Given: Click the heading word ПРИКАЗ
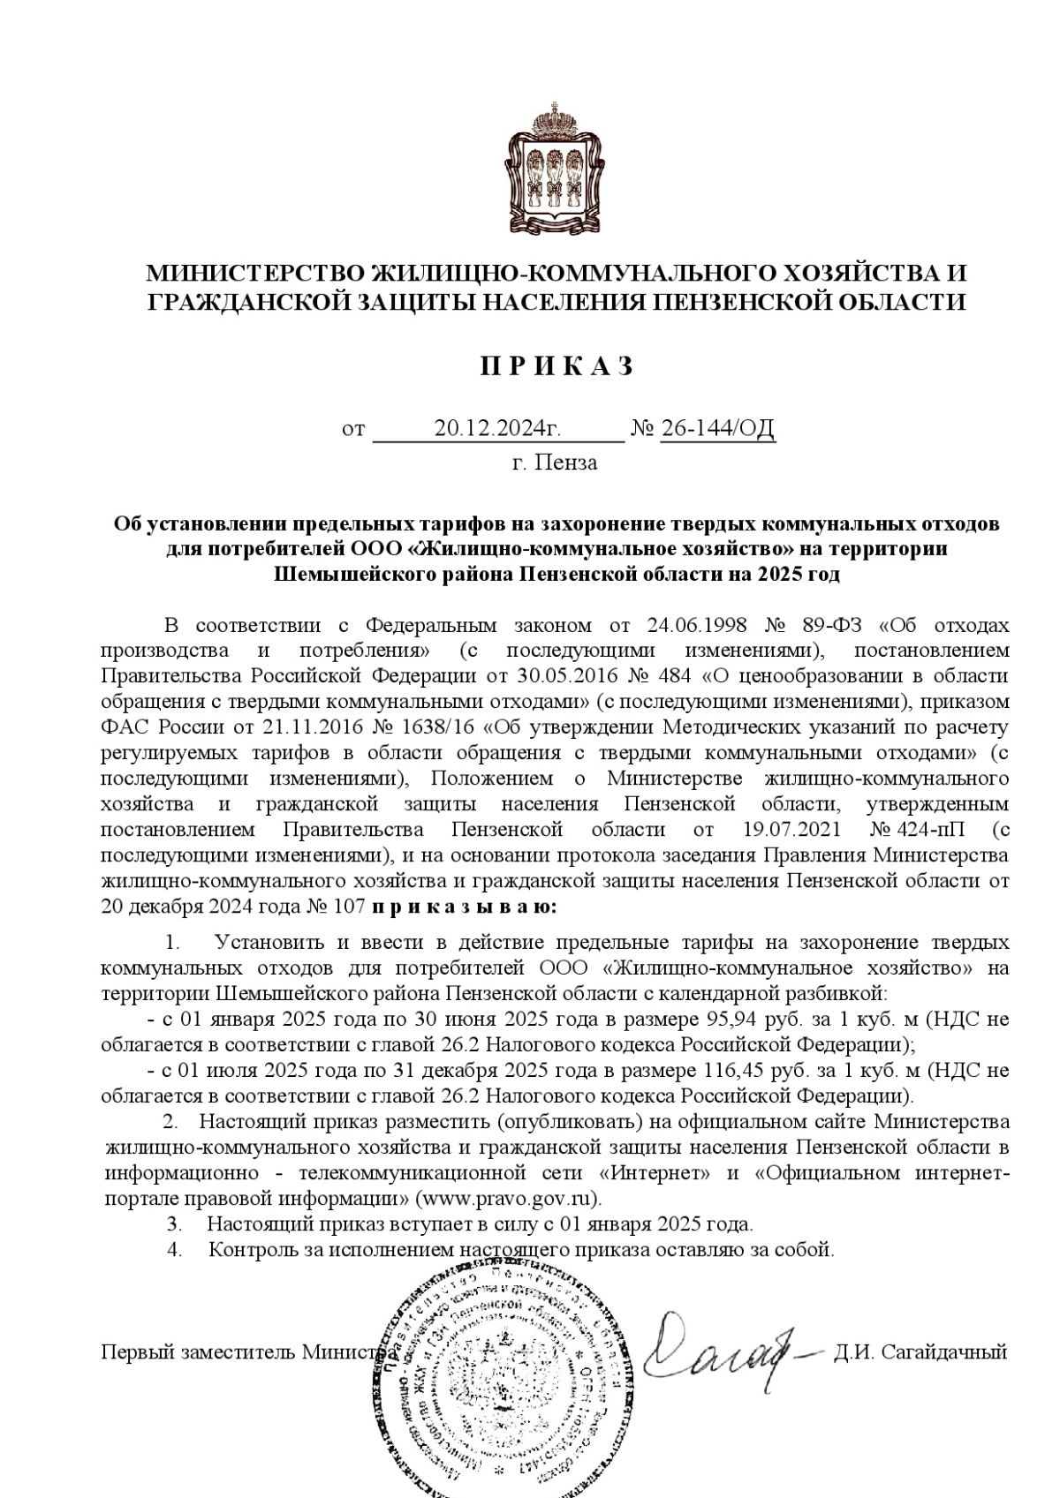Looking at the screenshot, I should pyautogui.click(x=557, y=366).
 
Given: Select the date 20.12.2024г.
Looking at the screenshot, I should pyautogui.click(x=498, y=429).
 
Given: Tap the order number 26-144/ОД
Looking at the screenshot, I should pyautogui.click(x=717, y=429).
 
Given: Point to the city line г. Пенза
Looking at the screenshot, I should pyautogui.click(x=555, y=463).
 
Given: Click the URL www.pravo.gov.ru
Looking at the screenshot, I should pyautogui.click(x=506, y=1199).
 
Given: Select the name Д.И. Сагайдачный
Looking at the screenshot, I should pyautogui.click(x=919, y=1351).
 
